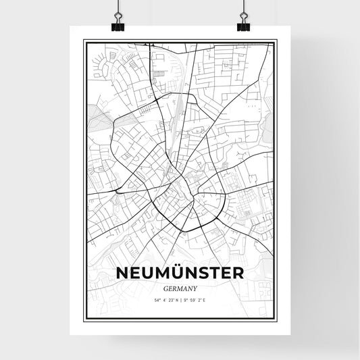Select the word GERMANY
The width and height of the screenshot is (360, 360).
180,287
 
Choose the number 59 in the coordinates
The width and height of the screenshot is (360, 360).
195,298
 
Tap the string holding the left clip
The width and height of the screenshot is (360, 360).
118,8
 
